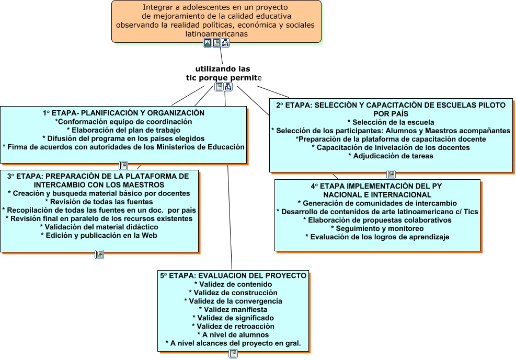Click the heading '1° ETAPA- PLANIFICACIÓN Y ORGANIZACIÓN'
pos(123,113)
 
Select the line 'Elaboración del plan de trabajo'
pos(123,130)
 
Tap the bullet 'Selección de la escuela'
pos(391,122)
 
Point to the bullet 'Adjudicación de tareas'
pos(391,156)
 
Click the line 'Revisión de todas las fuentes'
pos(99,202)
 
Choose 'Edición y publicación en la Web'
pos(99,235)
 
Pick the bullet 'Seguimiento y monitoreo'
pos(377,228)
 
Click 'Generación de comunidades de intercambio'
pos(377,203)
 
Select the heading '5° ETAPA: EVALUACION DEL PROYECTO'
pos(233,276)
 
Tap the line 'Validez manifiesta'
pos(233,309)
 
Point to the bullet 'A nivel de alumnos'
pos(233,334)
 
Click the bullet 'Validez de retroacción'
pos(233,326)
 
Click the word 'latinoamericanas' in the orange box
pos(216,33)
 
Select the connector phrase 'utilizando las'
pos(223,69)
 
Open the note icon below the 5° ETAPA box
pos(233,354)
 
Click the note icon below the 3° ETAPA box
pos(99,254)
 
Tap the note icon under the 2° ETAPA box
pos(391,175)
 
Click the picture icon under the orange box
pos(208,43)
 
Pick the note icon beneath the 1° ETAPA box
pos(123,165)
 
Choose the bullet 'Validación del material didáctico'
pos(99,227)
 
